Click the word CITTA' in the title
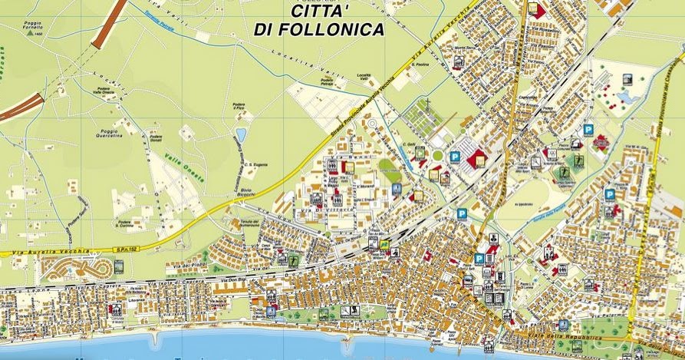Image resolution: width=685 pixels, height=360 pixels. click(321, 11)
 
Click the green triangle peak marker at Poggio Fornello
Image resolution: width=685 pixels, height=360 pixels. click(28, 35)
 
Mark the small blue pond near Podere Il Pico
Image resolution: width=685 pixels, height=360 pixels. click(241, 135)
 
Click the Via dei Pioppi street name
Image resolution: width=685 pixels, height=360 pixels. click(196, 266)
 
